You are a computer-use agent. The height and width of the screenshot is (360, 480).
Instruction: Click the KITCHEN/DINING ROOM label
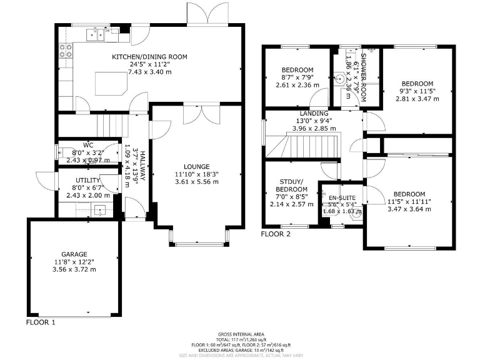pos(149,57)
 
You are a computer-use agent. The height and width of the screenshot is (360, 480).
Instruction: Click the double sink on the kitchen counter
pos(96,33)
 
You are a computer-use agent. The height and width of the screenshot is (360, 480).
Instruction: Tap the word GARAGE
pos(74,254)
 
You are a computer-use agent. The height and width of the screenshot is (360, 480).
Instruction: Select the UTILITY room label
pos(83,180)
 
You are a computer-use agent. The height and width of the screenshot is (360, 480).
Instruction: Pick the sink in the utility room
pos(99,211)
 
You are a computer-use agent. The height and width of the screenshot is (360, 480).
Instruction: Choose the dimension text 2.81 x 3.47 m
pos(417,99)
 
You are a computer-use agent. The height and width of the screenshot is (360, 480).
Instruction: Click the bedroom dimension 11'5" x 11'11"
pos(409,201)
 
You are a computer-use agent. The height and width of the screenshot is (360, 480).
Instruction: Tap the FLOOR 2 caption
pos(276,234)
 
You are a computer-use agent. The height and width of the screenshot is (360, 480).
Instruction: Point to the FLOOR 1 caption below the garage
pos(41,323)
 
